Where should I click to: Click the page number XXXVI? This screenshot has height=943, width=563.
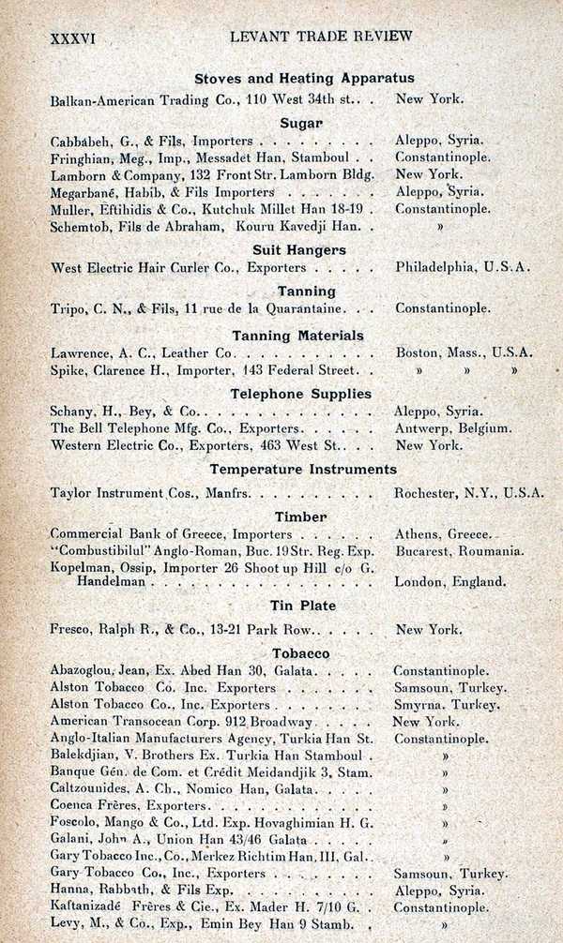click(x=74, y=37)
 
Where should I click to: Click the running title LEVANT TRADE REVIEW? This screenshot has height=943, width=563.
click(x=320, y=37)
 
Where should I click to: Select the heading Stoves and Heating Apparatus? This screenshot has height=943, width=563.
click(x=304, y=79)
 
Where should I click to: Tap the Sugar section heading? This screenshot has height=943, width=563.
click(x=301, y=123)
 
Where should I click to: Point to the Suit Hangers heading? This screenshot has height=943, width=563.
click(x=299, y=250)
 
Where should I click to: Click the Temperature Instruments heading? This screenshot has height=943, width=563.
click(x=303, y=469)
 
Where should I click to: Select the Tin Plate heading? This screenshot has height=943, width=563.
click(x=303, y=606)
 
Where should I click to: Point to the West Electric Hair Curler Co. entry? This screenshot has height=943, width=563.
click(x=146, y=267)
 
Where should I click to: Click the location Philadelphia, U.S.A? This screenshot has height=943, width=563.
click(x=463, y=267)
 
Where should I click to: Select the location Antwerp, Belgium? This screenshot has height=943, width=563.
click(x=452, y=428)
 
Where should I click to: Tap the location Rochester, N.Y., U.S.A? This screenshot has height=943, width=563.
click(x=468, y=492)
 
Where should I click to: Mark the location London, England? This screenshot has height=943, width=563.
click(x=449, y=581)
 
